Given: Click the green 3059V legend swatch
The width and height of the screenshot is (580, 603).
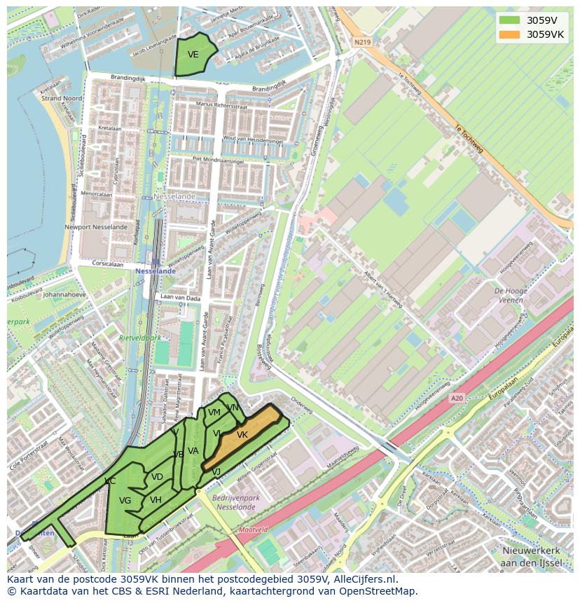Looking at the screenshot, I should [510, 20].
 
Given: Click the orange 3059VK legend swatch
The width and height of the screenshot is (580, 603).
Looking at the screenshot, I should [510, 34].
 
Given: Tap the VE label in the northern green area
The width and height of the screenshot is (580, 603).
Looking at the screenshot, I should [193, 55].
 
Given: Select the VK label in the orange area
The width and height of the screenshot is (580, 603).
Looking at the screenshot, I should [242, 435].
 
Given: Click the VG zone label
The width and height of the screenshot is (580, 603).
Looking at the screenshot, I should [125, 501].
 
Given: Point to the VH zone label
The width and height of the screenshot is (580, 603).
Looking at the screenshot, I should [156, 499].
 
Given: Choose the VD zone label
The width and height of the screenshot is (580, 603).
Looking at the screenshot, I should [157, 477].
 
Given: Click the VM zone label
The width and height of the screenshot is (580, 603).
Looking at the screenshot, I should [214, 413].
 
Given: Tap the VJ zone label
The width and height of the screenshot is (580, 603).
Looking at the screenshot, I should [216, 472].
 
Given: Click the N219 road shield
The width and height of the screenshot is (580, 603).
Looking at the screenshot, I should [361, 43].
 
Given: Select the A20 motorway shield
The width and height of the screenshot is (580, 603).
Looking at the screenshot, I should [457, 398].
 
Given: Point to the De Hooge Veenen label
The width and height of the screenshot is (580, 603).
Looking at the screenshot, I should [510, 295].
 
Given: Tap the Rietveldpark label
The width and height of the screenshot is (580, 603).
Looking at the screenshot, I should [139, 338].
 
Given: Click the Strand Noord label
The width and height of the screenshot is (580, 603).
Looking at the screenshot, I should [62, 99].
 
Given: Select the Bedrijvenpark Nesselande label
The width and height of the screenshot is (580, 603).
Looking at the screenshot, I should [235, 501].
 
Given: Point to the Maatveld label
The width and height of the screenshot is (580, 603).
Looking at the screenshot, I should [253, 530].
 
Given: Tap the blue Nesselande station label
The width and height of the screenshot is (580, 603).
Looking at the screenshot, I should [156, 270].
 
